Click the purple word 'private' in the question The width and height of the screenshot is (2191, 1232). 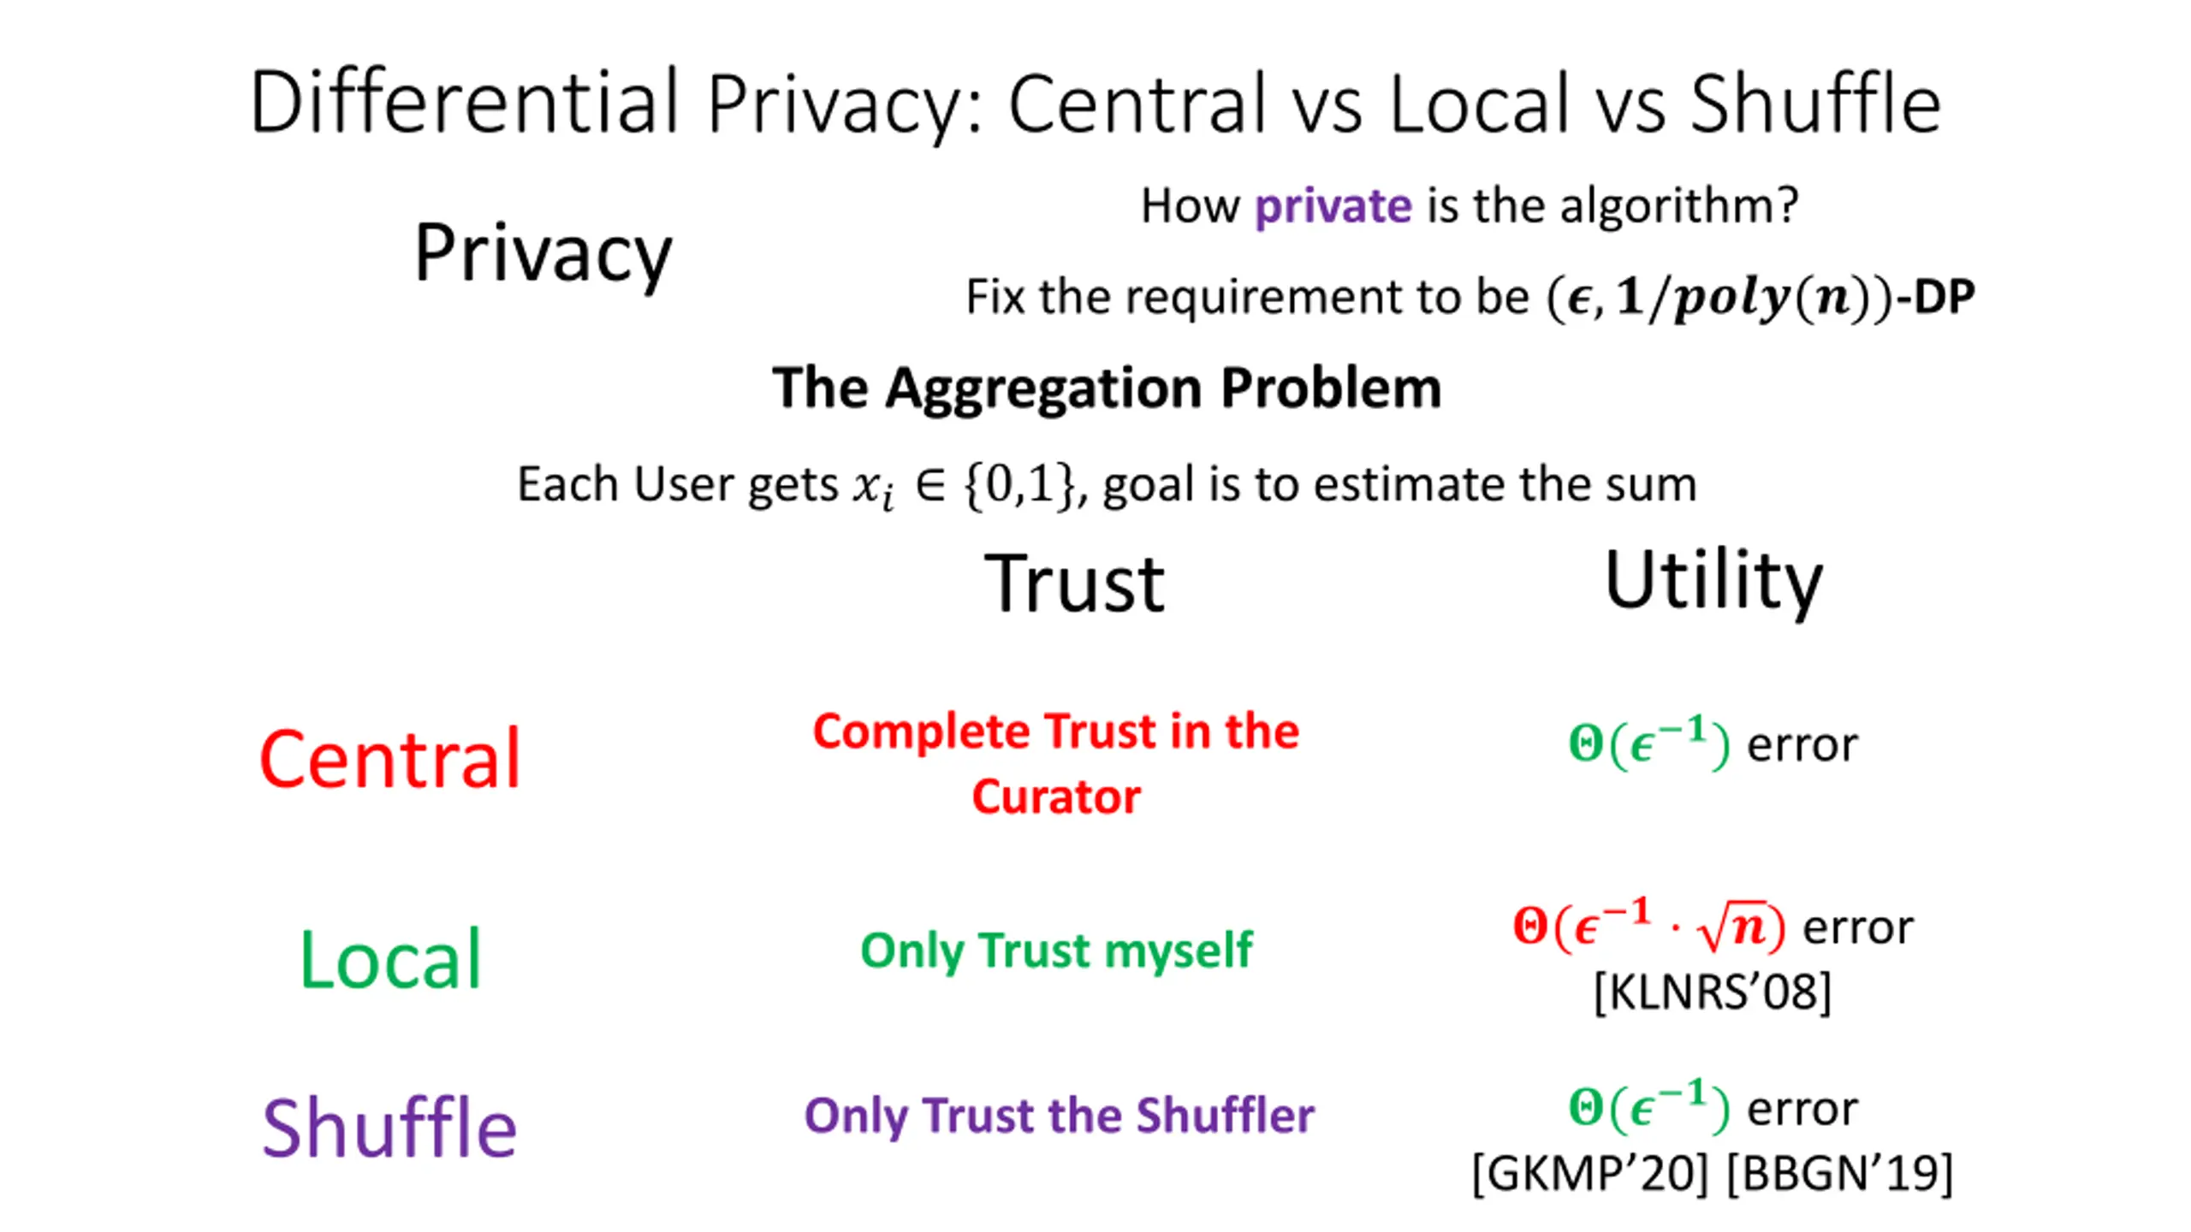point(1333,206)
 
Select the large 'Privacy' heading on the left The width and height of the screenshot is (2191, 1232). point(543,253)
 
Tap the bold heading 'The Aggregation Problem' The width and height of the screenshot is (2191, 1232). point(1107,388)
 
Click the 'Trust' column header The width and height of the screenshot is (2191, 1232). point(1074,583)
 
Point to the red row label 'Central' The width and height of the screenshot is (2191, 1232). point(390,758)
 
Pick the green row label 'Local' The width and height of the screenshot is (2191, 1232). point(390,960)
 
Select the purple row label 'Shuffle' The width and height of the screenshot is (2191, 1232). point(389,1128)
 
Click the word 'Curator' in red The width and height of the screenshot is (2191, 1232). point(1056,797)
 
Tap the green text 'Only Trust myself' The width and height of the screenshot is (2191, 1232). point(1056,950)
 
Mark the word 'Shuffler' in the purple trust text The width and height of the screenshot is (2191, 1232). point(1225,1116)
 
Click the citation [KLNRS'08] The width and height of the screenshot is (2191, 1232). point(1713,992)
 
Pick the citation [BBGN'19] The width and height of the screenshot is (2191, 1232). point(1840,1173)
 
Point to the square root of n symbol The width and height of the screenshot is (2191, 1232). point(1732,927)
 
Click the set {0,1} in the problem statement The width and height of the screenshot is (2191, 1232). point(1018,484)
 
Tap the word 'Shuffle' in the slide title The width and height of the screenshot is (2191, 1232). point(1815,104)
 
